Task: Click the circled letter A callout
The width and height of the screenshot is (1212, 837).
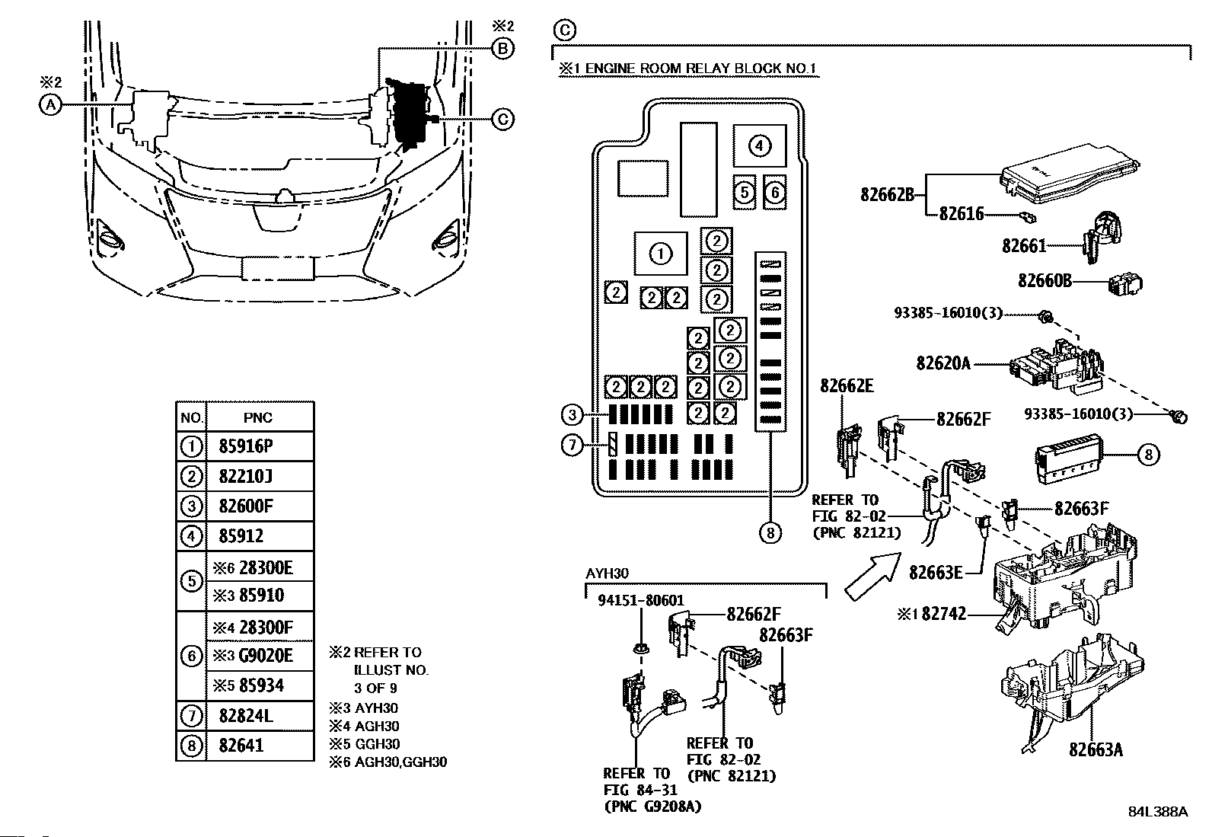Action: (x=49, y=105)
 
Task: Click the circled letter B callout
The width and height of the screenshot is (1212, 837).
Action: (x=502, y=49)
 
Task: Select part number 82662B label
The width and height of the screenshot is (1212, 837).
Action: (x=887, y=193)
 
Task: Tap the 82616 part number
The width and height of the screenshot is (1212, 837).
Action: (x=961, y=214)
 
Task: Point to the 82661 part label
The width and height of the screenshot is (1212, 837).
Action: (x=1023, y=246)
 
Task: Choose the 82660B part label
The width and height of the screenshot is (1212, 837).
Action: (x=1045, y=281)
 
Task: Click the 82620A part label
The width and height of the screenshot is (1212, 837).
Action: (x=943, y=363)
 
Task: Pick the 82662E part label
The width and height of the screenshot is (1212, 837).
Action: (x=847, y=385)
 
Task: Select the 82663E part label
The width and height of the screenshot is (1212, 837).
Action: (x=936, y=571)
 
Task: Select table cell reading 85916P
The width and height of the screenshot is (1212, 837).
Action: (x=246, y=446)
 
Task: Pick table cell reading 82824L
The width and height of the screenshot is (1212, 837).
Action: (x=246, y=716)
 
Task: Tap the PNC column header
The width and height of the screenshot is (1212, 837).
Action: (x=258, y=417)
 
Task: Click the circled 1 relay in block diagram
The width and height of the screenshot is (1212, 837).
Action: (x=660, y=254)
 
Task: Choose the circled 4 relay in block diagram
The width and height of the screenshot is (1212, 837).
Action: (x=758, y=145)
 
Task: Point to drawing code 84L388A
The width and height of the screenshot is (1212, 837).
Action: (x=1157, y=811)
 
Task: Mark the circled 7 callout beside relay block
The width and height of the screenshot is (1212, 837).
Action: (x=572, y=445)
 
